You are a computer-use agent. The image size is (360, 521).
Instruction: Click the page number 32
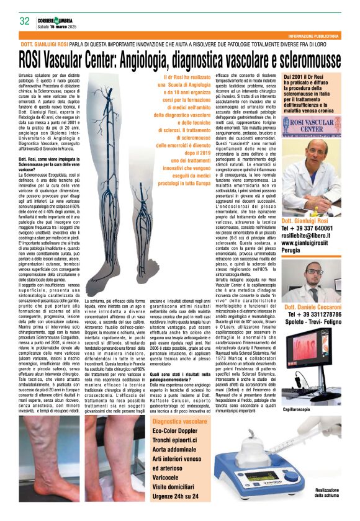[25, 21]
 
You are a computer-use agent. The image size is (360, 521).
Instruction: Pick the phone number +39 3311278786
[320, 315]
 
